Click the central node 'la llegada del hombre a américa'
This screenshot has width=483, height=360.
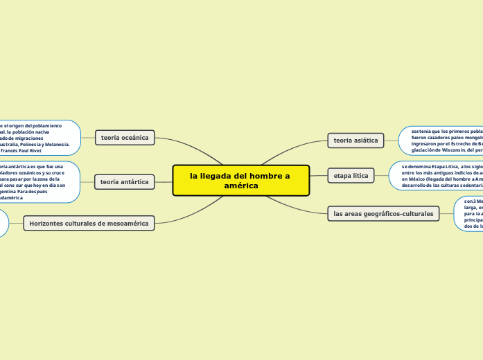tap(240, 181)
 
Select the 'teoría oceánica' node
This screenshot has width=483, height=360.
tap(125, 138)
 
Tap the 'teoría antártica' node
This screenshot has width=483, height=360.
tap(124, 182)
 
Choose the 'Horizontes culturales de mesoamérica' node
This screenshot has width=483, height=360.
tap(89, 224)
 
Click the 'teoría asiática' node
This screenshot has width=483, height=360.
tap(355, 141)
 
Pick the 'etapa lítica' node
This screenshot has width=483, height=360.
tap(351, 176)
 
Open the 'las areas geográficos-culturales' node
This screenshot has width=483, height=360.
tap(383, 214)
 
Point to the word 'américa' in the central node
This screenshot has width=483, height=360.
tap(241, 186)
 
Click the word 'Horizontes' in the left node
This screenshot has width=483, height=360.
tap(47, 224)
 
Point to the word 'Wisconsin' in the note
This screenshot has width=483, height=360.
tap(444, 150)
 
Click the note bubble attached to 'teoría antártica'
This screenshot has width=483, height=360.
tap(38, 182)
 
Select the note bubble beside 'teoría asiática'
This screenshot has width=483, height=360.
tap(441, 140)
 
